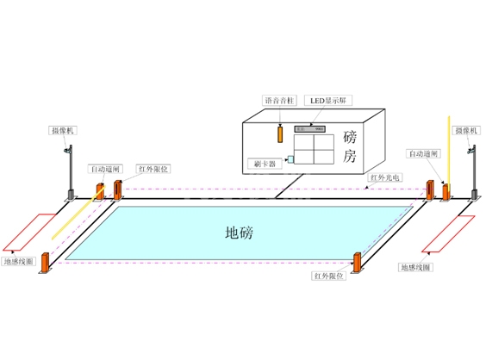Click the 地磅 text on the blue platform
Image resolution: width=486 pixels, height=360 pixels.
tap(240, 233)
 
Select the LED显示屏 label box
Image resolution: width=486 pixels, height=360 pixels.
tap(329, 101)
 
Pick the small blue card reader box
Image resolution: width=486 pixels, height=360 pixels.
tap(290, 158)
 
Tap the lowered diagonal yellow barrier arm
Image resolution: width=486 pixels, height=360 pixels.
tap(73, 214)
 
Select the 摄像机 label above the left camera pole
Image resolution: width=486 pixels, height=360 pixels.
tap(63, 130)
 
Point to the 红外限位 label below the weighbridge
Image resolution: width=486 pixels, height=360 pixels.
tap(328, 276)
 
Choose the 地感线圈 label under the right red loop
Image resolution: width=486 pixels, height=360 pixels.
tap(415, 268)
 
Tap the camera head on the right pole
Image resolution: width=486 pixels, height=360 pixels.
tap(470, 152)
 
